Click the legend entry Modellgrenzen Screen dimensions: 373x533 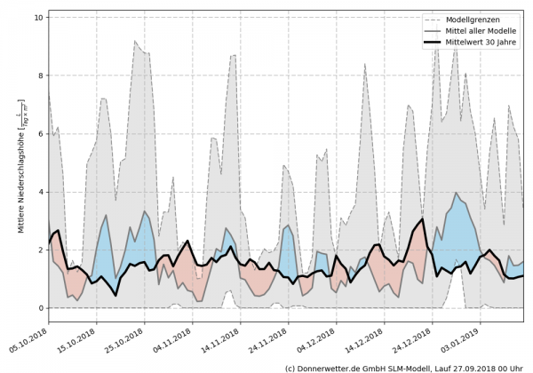(x=471, y=19)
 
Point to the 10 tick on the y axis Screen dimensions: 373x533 (x=39, y=17)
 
